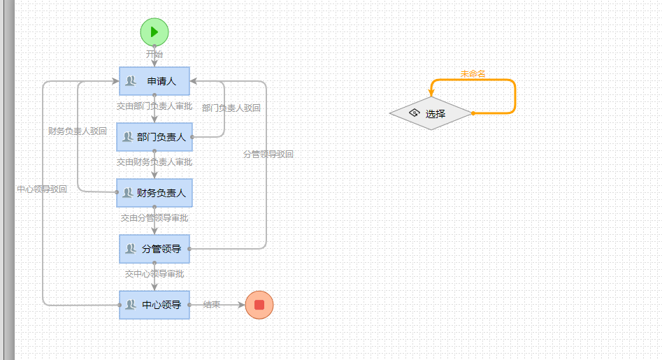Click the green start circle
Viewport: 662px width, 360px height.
pyautogui.click(x=154, y=31)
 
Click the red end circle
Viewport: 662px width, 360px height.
pyautogui.click(x=259, y=305)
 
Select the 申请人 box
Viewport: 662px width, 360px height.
pyautogui.click(x=154, y=81)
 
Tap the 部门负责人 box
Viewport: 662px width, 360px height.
pyautogui.click(x=154, y=137)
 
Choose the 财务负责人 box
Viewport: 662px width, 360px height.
pyautogui.click(x=154, y=193)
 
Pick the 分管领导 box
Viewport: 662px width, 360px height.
pyautogui.click(x=154, y=249)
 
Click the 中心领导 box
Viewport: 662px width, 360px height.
pyautogui.click(x=154, y=305)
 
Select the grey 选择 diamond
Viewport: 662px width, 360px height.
pyautogui.click(x=431, y=113)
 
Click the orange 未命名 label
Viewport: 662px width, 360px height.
pyautogui.click(x=473, y=73)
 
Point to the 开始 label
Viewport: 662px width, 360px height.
pyautogui.click(x=154, y=54)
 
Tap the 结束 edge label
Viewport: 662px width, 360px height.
pyautogui.click(x=212, y=305)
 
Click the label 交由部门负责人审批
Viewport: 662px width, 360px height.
pyautogui.click(x=154, y=106)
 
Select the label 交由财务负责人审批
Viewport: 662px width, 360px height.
pyautogui.click(x=154, y=162)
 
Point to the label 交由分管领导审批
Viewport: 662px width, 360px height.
pyautogui.click(x=154, y=218)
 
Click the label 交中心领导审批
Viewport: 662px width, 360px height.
pyautogui.click(x=154, y=274)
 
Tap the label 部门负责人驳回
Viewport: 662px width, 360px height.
pyautogui.click(x=231, y=108)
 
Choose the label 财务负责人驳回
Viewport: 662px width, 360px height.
pyautogui.click(x=78, y=131)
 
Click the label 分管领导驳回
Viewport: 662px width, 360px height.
pyautogui.click(x=268, y=154)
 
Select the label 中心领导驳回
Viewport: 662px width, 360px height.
pyautogui.click(x=42, y=189)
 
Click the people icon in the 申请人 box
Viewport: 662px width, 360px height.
pyautogui.click(x=130, y=81)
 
